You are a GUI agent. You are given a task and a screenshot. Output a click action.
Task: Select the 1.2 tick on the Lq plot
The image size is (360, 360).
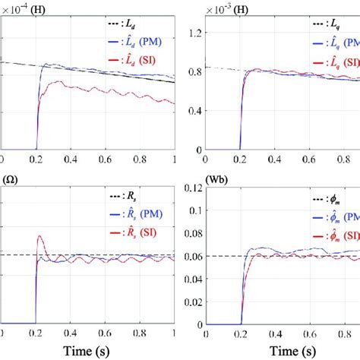(195, 32)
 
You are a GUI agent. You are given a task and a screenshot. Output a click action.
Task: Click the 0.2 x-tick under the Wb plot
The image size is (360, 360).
(241, 333)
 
